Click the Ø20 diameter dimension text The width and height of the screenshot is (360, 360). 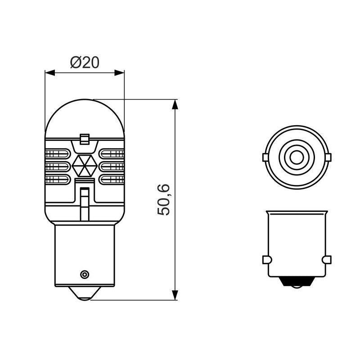(x=85, y=62)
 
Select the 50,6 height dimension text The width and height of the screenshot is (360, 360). (x=165, y=199)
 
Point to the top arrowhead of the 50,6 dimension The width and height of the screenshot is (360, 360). (x=175, y=104)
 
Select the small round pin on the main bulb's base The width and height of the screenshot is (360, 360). (x=84, y=274)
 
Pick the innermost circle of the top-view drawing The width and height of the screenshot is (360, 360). (x=296, y=157)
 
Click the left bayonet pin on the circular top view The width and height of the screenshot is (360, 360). (x=265, y=157)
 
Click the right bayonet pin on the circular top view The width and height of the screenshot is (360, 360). (x=328, y=157)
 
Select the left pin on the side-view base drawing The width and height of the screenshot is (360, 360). (x=265, y=260)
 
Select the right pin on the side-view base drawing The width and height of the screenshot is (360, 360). (x=327, y=260)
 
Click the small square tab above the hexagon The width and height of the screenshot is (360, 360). (x=84, y=139)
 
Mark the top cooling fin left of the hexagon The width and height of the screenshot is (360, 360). (x=57, y=154)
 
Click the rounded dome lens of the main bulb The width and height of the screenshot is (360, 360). (x=85, y=117)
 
